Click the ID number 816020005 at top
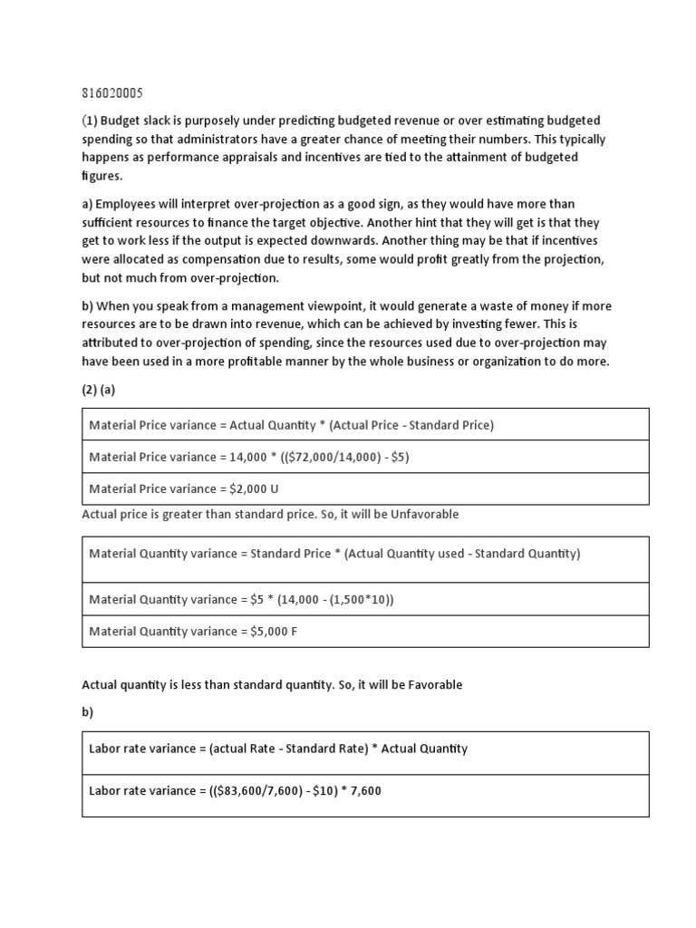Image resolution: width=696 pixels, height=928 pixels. point(112,93)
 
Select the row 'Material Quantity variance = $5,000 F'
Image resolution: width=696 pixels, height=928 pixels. point(193,632)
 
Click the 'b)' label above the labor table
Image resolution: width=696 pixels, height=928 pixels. point(88,711)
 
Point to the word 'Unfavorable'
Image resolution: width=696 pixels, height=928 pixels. point(424,514)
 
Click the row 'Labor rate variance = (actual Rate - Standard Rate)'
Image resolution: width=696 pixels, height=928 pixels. point(278,748)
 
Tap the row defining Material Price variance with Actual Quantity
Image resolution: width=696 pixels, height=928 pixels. point(291,424)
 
